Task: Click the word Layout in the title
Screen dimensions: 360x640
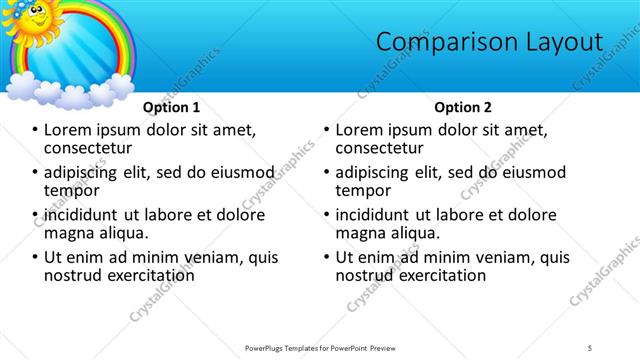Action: [561, 42]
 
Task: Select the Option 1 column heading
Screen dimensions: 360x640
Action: [171, 107]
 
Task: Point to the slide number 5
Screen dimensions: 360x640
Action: [590, 347]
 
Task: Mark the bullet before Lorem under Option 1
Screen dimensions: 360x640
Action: [34, 130]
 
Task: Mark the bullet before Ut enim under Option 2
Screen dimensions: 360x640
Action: [326, 257]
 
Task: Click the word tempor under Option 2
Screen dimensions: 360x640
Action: [364, 190]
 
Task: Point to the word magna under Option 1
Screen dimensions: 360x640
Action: [68, 233]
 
